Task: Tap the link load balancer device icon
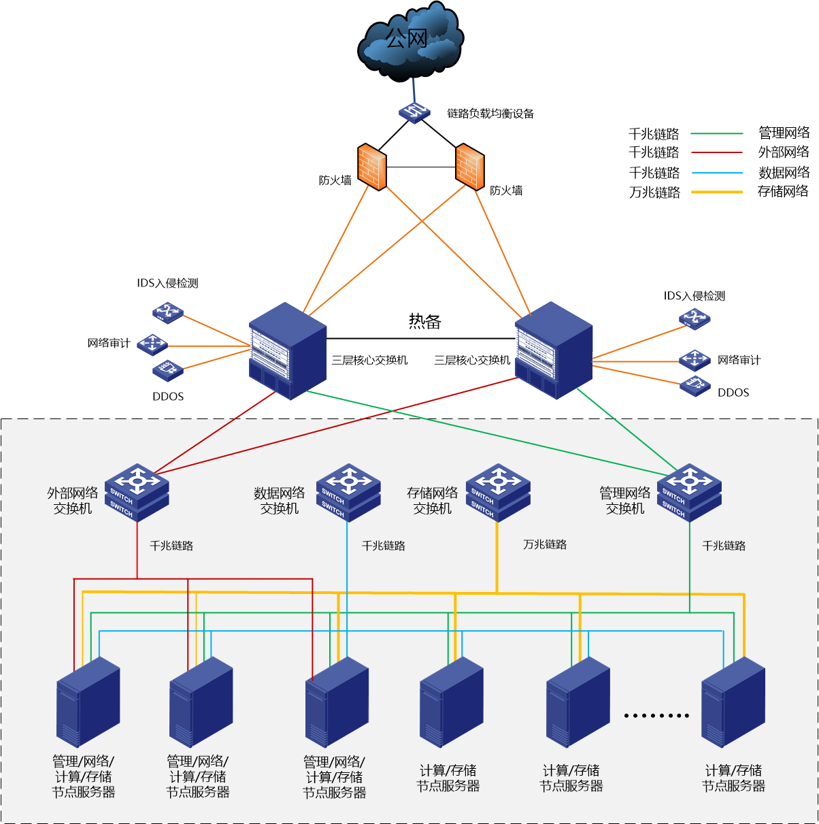click(x=414, y=112)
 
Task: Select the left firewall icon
click(x=371, y=167)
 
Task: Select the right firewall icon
click(x=469, y=167)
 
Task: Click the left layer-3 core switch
click(x=288, y=351)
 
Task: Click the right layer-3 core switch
click(x=554, y=351)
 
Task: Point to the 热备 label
click(x=424, y=321)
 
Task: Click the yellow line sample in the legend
click(x=717, y=193)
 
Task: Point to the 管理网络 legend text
click(x=784, y=133)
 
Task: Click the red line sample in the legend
click(x=717, y=153)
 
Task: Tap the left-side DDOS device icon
click(x=167, y=371)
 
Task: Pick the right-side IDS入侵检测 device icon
click(x=695, y=318)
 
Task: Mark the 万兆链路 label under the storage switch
click(x=545, y=544)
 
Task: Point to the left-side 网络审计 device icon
click(x=152, y=344)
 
